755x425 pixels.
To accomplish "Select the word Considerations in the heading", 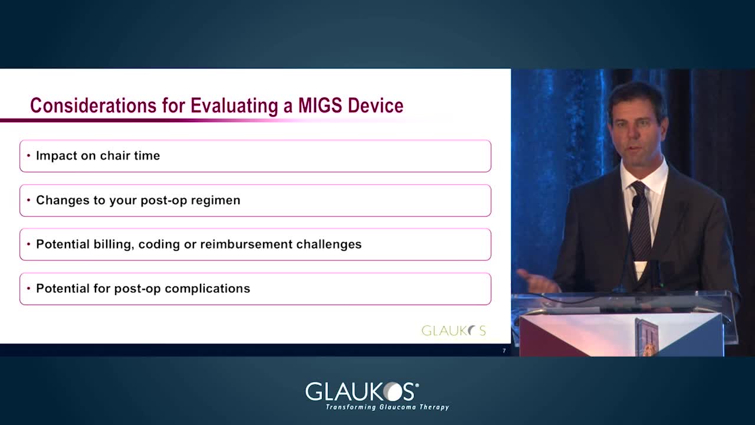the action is click(x=93, y=106).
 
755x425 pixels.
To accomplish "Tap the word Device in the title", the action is click(x=376, y=106).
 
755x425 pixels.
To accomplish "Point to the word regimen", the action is click(x=216, y=201).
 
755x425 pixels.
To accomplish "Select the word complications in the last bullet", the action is click(x=207, y=289).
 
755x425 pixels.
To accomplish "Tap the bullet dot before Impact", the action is click(x=29, y=155).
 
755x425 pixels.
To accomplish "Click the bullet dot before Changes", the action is click(x=29, y=200).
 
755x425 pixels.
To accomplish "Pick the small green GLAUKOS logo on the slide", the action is click(x=454, y=331).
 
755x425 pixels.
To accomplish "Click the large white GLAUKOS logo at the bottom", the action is click(x=362, y=391).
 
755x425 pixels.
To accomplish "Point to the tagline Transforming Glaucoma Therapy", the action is click(x=388, y=407).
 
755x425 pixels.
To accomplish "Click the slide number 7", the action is click(x=504, y=351).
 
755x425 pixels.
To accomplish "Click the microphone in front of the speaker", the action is click(x=635, y=202).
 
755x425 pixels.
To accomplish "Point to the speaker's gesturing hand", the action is click(x=537, y=280).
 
